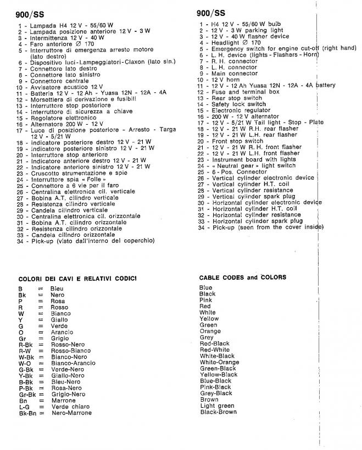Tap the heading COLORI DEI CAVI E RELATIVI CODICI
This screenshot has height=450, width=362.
click(77, 278)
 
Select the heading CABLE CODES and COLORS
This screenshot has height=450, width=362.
click(242, 277)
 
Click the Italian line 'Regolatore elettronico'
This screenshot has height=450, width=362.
click(63, 118)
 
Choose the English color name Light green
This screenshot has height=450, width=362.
click(217, 405)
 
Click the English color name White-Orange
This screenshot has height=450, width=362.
click(219, 362)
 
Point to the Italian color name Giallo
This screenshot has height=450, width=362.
click(60, 319)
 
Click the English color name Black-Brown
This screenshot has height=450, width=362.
click(218, 412)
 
